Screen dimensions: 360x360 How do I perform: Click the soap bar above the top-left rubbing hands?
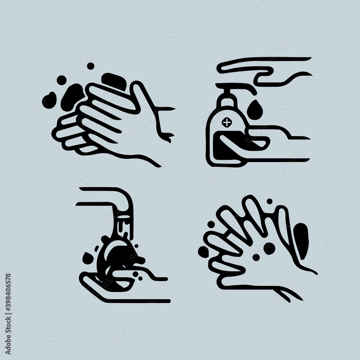tap(114, 81)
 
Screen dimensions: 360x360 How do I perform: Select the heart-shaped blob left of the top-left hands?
tap(49, 100)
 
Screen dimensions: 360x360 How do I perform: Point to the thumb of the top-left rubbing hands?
tap(147, 99)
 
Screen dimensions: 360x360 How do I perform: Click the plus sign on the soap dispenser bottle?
tap(227, 122)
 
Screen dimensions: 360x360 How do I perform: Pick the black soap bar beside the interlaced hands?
tap(301, 241)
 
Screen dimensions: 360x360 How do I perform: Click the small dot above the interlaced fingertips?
tap(270, 201)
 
